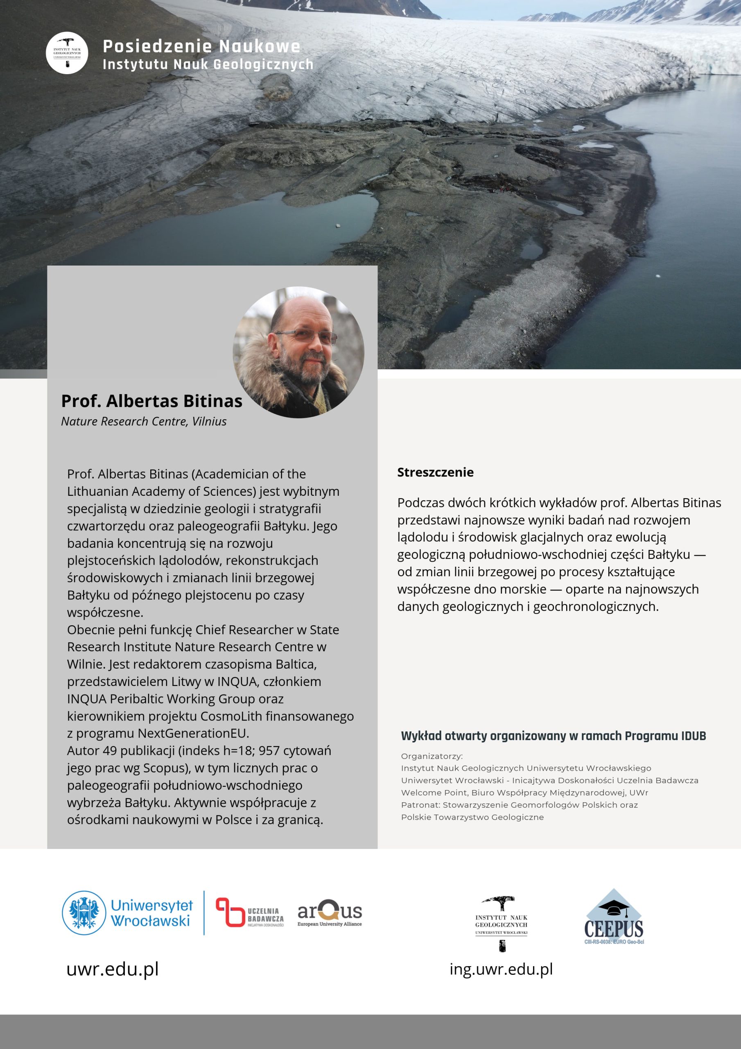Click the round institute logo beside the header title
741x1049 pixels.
click(x=67, y=53)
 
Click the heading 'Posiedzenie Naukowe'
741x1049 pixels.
click(x=201, y=46)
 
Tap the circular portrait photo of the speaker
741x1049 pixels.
click(x=298, y=352)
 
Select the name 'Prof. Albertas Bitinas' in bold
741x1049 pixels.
click(x=151, y=401)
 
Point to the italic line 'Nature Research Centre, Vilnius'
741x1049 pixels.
click(x=144, y=421)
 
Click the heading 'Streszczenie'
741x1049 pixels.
click(x=435, y=472)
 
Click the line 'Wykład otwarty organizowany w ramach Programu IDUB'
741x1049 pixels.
click(x=553, y=736)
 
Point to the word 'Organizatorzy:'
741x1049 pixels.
click(x=432, y=756)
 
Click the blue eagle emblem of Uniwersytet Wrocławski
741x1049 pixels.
click(x=84, y=913)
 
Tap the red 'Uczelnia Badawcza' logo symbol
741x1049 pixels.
click(x=230, y=912)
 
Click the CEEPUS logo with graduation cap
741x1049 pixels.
click(x=614, y=917)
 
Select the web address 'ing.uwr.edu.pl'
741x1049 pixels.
click(x=501, y=969)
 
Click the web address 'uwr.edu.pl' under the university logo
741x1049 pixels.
click(x=113, y=969)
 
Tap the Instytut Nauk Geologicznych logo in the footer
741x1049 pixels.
click(x=502, y=923)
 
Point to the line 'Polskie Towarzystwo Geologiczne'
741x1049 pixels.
click(x=472, y=817)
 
